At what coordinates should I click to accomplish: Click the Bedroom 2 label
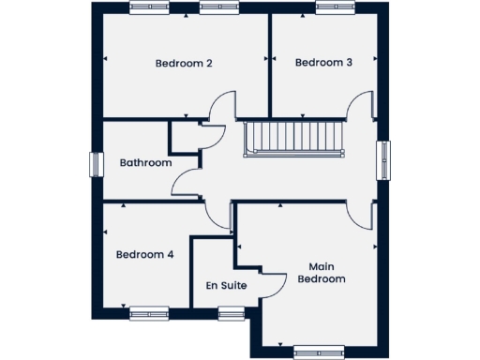184,64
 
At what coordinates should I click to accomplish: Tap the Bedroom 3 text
323,64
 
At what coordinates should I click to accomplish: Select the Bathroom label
145,163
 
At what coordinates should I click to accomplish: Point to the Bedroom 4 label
144,254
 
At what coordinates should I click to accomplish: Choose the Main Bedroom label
322,272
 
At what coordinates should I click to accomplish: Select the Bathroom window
94,163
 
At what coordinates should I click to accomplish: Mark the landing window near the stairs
383,159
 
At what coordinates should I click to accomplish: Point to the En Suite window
231,314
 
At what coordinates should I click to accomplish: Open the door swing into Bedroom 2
217,105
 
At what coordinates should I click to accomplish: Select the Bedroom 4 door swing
218,215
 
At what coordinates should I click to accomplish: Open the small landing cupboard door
212,137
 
